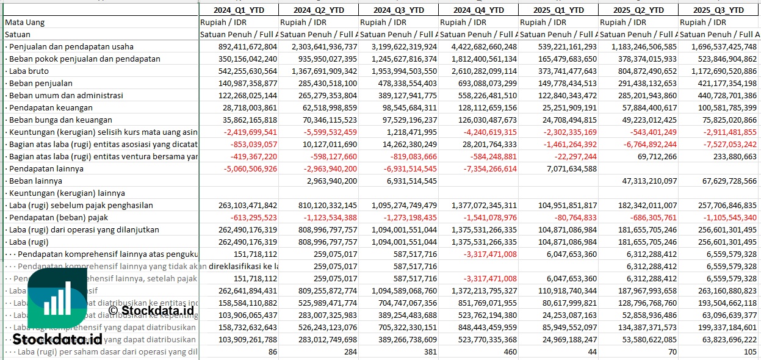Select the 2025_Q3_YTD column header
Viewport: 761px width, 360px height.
(x=719, y=10)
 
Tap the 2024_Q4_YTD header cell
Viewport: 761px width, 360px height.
(x=478, y=10)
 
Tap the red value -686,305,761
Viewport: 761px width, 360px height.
(x=646, y=217)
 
